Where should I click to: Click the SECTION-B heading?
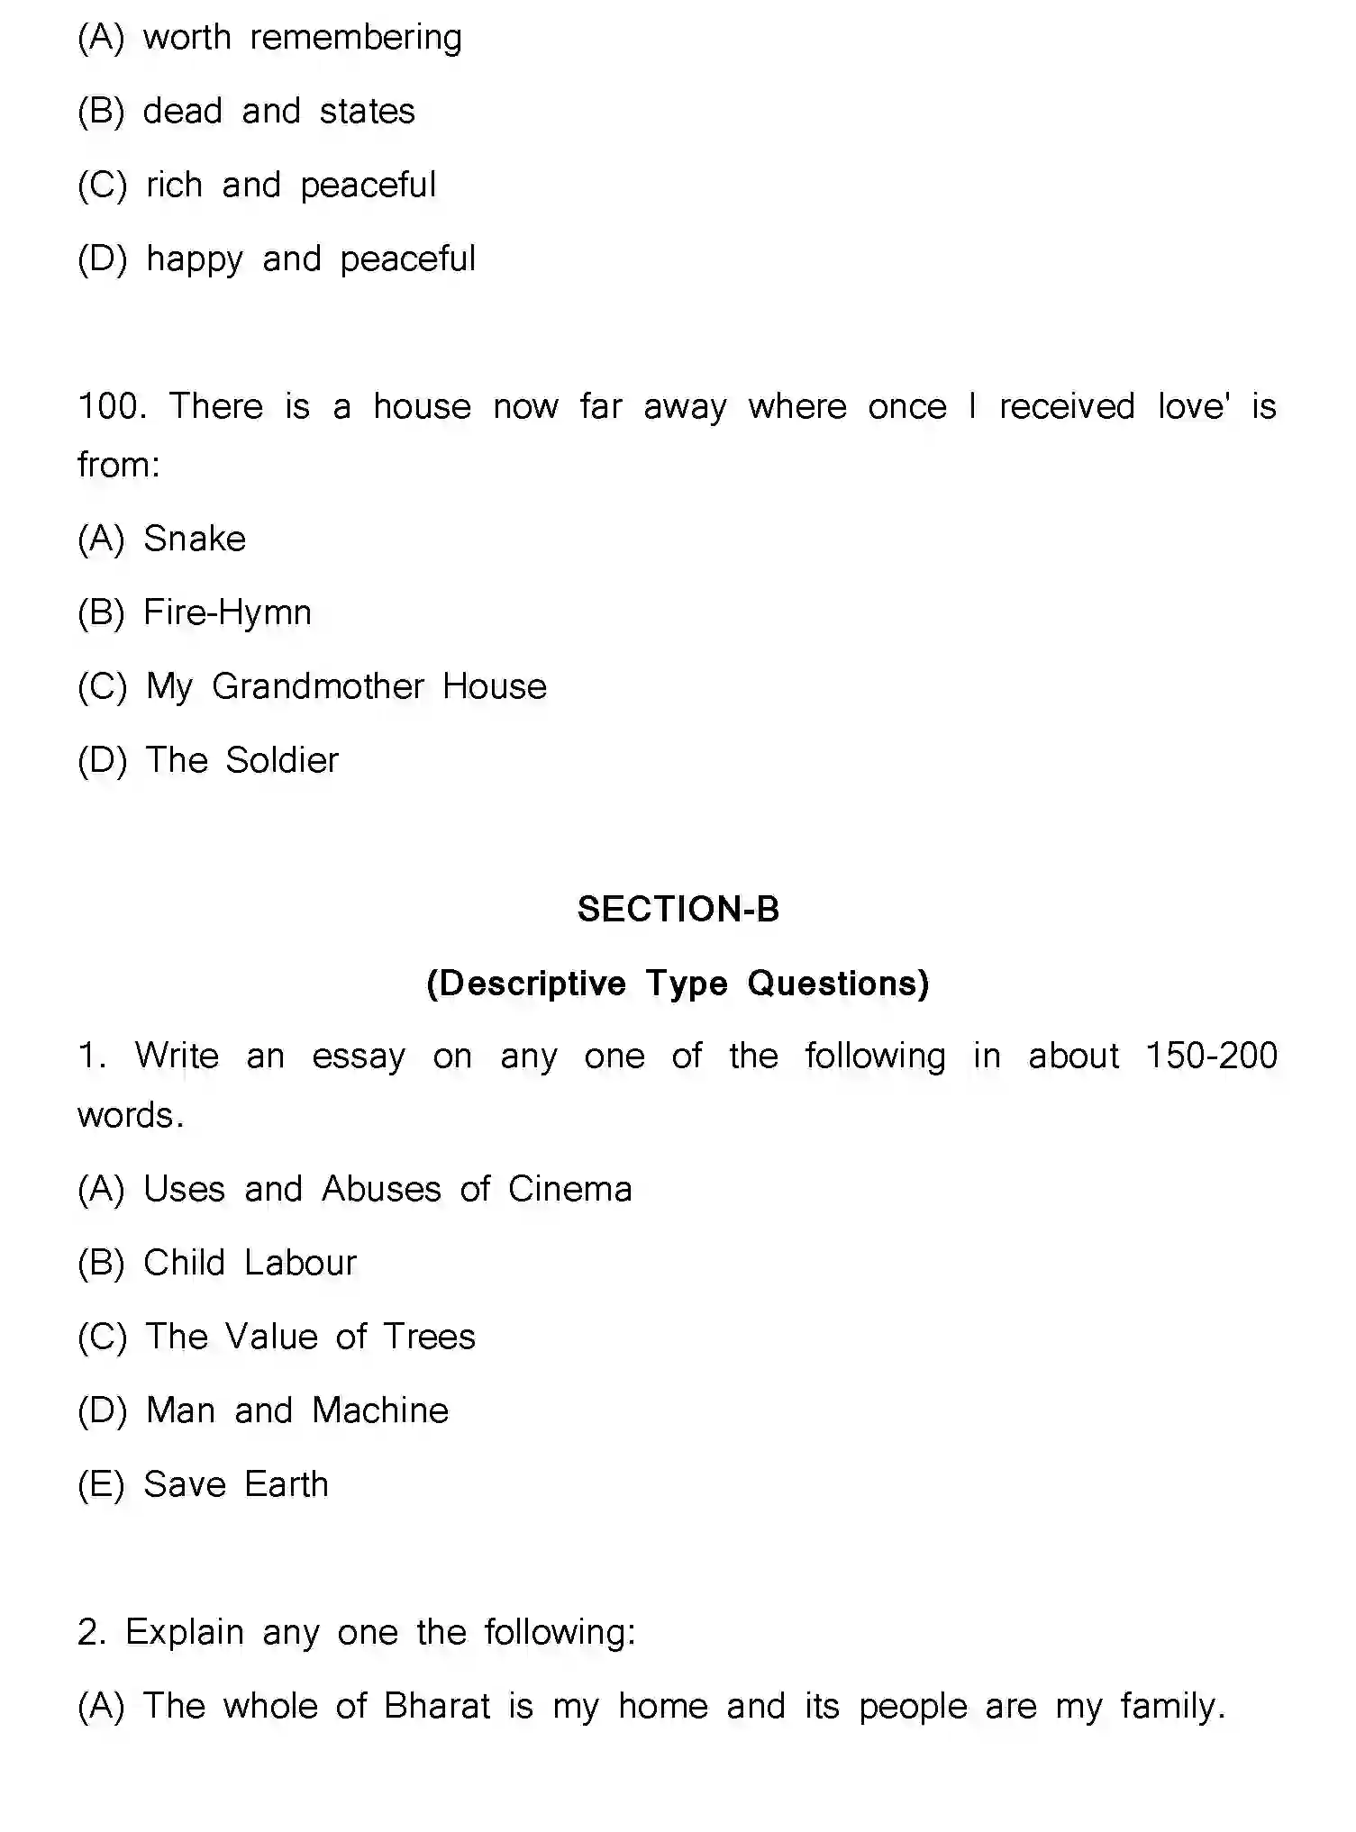click(678, 910)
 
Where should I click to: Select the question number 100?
click(112, 407)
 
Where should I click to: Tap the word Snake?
click(195, 540)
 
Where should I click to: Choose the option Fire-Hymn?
click(227, 613)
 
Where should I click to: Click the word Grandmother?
click(317, 687)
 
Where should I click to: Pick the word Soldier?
click(281, 761)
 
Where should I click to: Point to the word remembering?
click(355, 39)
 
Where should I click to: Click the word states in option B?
click(367, 113)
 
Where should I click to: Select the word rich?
click(174, 186)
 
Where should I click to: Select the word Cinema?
click(569, 1190)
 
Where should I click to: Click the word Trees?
click(429, 1338)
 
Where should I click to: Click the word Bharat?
click(437, 1707)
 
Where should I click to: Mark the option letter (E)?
click(100, 1485)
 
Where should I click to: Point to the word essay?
click(358, 1057)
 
